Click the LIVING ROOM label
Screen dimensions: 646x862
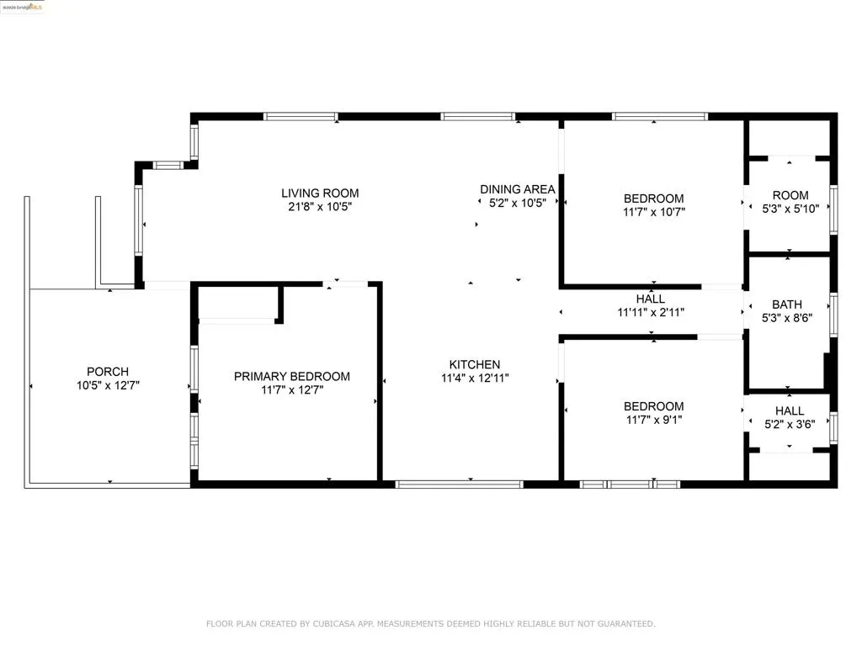click(320, 193)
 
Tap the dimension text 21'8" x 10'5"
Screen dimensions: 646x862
click(320, 206)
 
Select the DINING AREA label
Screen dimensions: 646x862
click(517, 189)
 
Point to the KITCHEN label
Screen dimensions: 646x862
click(475, 364)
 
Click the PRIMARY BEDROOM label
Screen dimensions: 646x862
click(291, 376)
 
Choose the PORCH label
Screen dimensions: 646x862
click(108, 372)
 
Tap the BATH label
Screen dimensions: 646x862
click(787, 304)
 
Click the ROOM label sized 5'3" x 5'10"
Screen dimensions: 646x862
click(790, 195)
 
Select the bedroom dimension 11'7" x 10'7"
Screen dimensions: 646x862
click(653, 212)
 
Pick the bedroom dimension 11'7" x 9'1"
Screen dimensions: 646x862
click(653, 419)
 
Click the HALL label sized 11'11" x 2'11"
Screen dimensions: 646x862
click(650, 299)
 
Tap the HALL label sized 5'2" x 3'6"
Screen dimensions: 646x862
click(789, 410)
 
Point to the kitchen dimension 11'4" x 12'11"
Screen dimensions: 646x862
click(475, 378)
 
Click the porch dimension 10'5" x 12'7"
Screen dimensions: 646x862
click(108, 385)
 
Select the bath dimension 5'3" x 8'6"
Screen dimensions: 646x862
click(787, 318)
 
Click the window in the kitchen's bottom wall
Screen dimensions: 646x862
click(460, 484)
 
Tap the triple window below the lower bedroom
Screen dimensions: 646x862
click(631, 484)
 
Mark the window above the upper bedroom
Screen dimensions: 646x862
click(659, 116)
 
